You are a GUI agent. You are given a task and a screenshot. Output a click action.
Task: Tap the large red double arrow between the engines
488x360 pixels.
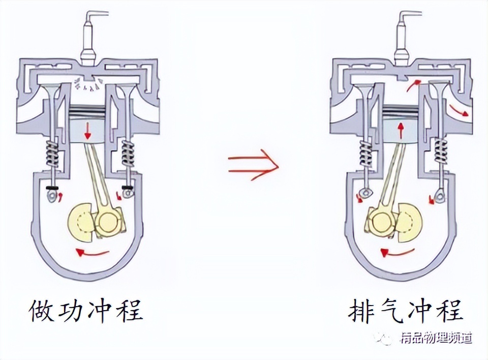click(253, 164)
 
